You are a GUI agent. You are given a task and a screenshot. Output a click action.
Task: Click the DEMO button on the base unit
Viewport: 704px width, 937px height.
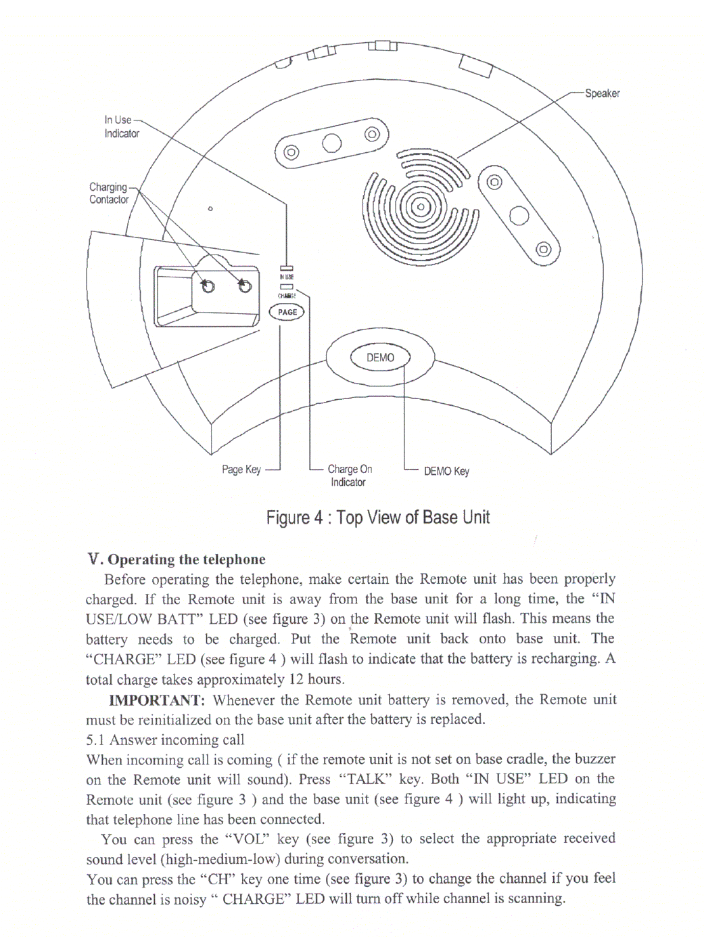pos(380,358)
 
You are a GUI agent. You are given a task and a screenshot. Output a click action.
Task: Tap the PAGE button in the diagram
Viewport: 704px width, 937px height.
pos(287,312)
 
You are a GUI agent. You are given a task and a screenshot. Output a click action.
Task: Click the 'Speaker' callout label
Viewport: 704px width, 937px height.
pos(602,93)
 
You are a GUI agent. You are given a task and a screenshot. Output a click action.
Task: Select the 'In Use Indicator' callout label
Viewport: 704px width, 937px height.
pos(122,127)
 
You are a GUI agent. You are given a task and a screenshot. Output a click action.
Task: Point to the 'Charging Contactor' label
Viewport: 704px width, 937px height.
pos(109,193)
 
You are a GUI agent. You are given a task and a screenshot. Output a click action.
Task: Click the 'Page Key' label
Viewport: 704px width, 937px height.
pos(241,470)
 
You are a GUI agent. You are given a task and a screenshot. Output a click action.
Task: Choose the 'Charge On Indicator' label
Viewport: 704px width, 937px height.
pos(349,475)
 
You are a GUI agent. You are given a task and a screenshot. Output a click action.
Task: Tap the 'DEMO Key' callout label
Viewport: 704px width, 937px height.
pos(446,471)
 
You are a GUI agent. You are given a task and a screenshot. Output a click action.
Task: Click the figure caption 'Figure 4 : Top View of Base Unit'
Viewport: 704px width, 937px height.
pos(377,518)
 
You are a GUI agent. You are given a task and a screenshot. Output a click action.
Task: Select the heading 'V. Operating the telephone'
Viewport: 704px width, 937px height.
pos(177,559)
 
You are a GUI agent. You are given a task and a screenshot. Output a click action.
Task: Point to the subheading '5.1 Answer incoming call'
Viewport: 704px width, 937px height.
pos(165,739)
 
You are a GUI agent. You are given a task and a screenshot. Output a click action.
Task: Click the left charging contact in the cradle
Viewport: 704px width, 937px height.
pos(208,286)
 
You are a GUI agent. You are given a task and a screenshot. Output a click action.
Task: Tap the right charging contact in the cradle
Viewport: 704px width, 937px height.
pos(245,286)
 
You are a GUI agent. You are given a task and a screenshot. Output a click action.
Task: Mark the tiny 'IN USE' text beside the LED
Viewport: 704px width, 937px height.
pos(287,277)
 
